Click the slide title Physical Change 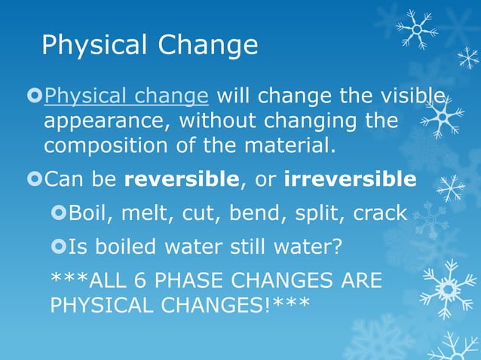coord(149,46)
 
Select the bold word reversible coord(181,180)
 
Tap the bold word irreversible coord(350,180)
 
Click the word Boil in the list coord(89,213)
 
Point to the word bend coord(250,213)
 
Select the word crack coord(378,213)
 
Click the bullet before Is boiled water coord(59,246)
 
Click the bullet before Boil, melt coord(59,213)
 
